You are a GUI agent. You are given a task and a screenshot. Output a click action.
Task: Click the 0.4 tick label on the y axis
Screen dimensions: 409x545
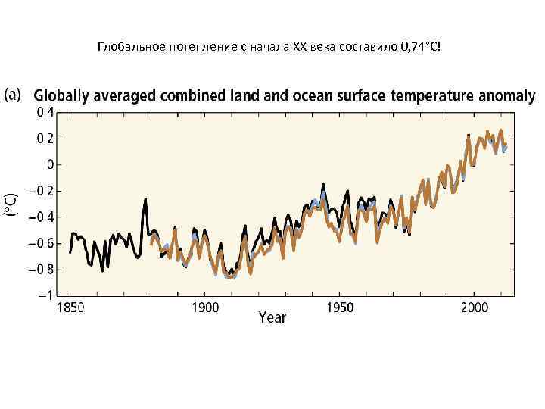(x=45, y=112)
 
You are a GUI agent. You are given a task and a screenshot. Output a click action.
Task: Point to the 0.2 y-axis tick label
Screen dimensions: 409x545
(x=45, y=139)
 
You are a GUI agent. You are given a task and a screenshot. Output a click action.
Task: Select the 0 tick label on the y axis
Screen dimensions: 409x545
(x=49, y=164)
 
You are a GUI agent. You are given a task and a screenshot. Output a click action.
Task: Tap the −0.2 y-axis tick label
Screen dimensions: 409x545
(x=41, y=191)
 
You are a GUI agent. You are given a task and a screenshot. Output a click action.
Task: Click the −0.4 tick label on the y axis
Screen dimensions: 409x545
(x=41, y=217)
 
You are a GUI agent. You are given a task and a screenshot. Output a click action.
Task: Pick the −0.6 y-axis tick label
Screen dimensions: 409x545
(x=41, y=243)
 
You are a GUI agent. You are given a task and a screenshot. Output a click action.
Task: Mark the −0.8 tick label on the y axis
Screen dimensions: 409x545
(x=41, y=269)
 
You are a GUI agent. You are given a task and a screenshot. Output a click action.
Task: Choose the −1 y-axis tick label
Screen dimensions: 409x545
(x=45, y=295)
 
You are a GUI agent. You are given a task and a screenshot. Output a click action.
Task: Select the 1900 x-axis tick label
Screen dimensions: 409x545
(x=204, y=308)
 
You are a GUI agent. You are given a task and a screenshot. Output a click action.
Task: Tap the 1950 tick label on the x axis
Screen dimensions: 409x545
(x=339, y=308)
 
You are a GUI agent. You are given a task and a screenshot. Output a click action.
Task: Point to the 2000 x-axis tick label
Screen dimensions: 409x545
(x=474, y=308)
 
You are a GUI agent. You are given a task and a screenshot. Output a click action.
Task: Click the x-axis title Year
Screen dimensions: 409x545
(x=272, y=317)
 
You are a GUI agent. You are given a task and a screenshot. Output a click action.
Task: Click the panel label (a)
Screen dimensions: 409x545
(x=16, y=96)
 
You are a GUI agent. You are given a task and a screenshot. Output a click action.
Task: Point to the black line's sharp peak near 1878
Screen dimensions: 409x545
(x=145, y=200)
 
